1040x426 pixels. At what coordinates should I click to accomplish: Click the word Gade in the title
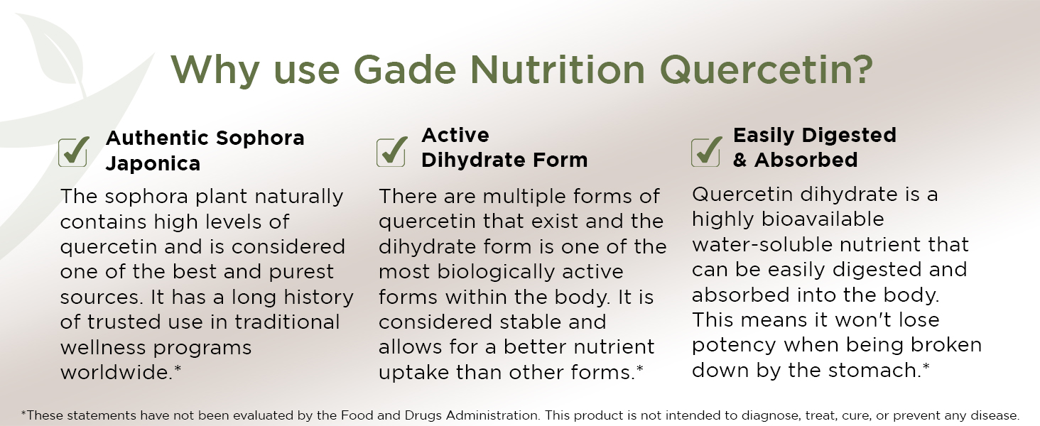[x=404, y=70]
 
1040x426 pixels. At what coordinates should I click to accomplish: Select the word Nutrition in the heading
[x=557, y=70]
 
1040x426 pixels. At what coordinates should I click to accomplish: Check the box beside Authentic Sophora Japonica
[x=73, y=152]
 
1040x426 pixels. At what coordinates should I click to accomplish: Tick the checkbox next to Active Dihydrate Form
[x=391, y=152]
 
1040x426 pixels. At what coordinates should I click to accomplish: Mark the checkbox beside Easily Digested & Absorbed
[x=706, y=152]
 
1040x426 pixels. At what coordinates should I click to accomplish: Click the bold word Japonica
[x=153, y=164]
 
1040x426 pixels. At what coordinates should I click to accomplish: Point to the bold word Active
[x=455, y=136]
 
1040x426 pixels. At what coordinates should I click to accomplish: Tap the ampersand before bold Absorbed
[x=740, y=160]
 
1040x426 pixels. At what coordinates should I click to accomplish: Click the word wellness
[x=103, y=347]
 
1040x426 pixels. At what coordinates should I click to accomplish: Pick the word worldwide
[x=117, y=372]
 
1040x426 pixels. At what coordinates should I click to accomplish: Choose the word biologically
[x=496, y=272]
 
